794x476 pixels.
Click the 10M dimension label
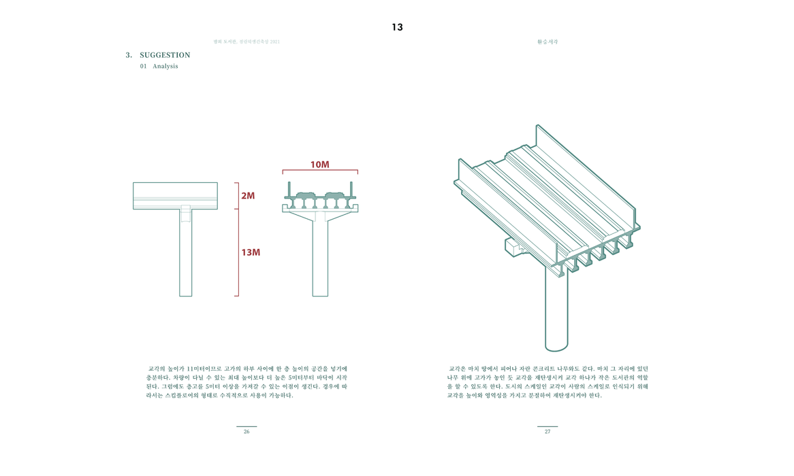click(319, 165)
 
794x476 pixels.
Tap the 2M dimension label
click(248, 196)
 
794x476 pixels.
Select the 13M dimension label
click(251, 252)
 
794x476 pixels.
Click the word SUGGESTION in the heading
click(165, 55)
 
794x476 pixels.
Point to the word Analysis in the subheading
click(165, 67)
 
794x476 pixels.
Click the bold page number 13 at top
click(397, 27)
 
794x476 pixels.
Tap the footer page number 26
click(247, 432)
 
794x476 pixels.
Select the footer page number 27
click(547, 432)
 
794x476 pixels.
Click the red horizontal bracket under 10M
click(320, 171)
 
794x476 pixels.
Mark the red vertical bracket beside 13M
click(238, 252)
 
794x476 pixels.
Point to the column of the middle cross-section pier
click(320, 258)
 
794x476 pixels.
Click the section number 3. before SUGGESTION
click(129, 55)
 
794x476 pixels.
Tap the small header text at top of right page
click(547, 42)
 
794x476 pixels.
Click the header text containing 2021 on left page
click(247, 42)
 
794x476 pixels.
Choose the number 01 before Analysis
click(143, 67)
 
